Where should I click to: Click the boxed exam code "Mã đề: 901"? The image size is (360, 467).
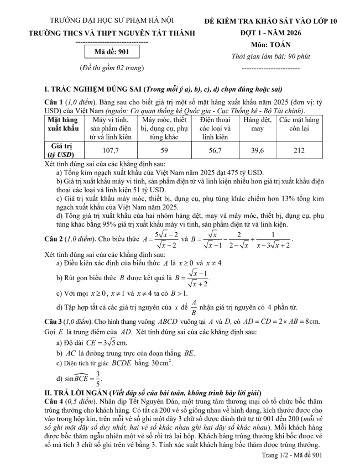point(112,53)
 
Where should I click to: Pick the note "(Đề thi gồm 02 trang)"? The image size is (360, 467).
point(112,68)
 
